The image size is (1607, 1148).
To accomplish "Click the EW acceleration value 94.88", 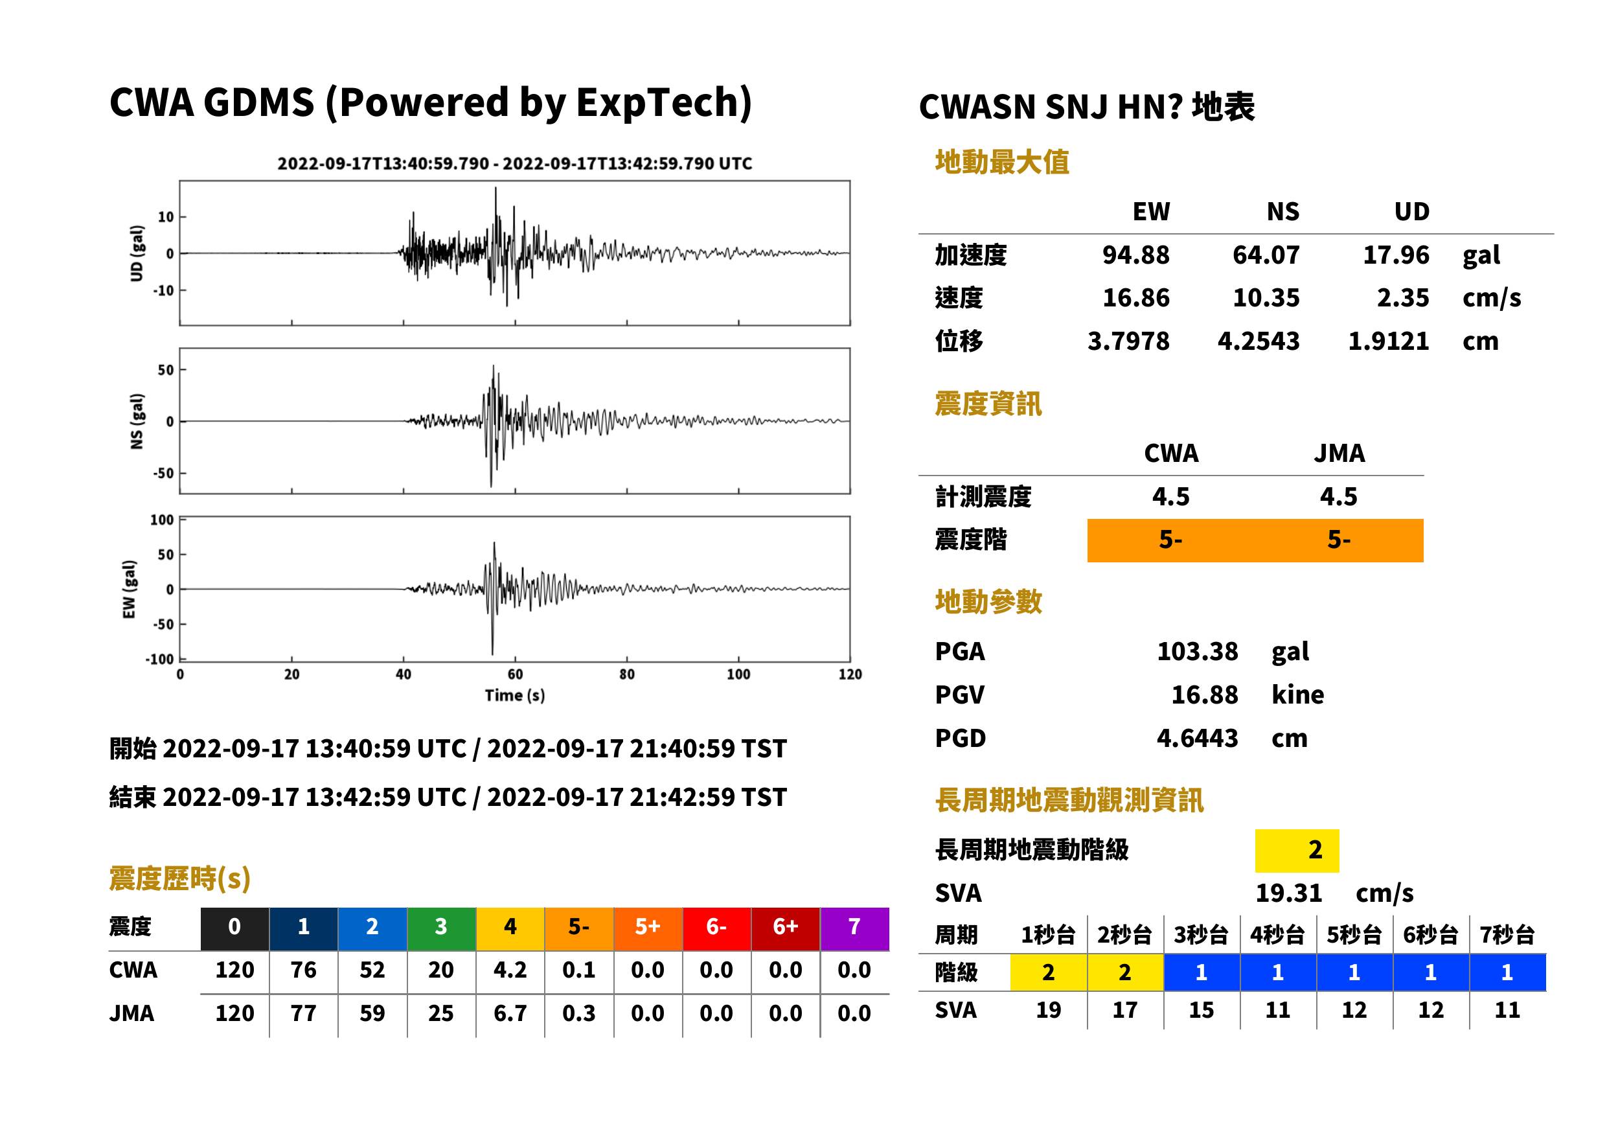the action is pos(1135,255).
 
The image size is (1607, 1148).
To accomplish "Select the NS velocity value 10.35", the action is pos(1266,298).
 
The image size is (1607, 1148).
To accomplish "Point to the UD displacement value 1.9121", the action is pos(1388,341).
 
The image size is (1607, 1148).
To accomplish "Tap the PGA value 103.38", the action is pos(1197,651).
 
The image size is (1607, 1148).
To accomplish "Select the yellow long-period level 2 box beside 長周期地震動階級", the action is pos(1297,851).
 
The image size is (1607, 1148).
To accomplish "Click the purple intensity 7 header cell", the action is pos(854,926).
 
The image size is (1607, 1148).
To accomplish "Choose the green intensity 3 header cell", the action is pos(441,926).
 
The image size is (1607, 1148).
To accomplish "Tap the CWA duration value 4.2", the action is pos(510,970).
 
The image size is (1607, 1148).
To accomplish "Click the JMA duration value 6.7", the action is pos(510,1014).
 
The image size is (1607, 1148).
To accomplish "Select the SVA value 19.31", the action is pos(1288,893).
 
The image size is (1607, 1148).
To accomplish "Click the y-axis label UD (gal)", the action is pos(137,253).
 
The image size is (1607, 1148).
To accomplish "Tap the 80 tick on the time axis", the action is pos(626,674).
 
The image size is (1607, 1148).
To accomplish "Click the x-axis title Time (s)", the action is pos(514,696).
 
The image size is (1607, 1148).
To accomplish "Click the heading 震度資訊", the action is pos(988,404).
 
